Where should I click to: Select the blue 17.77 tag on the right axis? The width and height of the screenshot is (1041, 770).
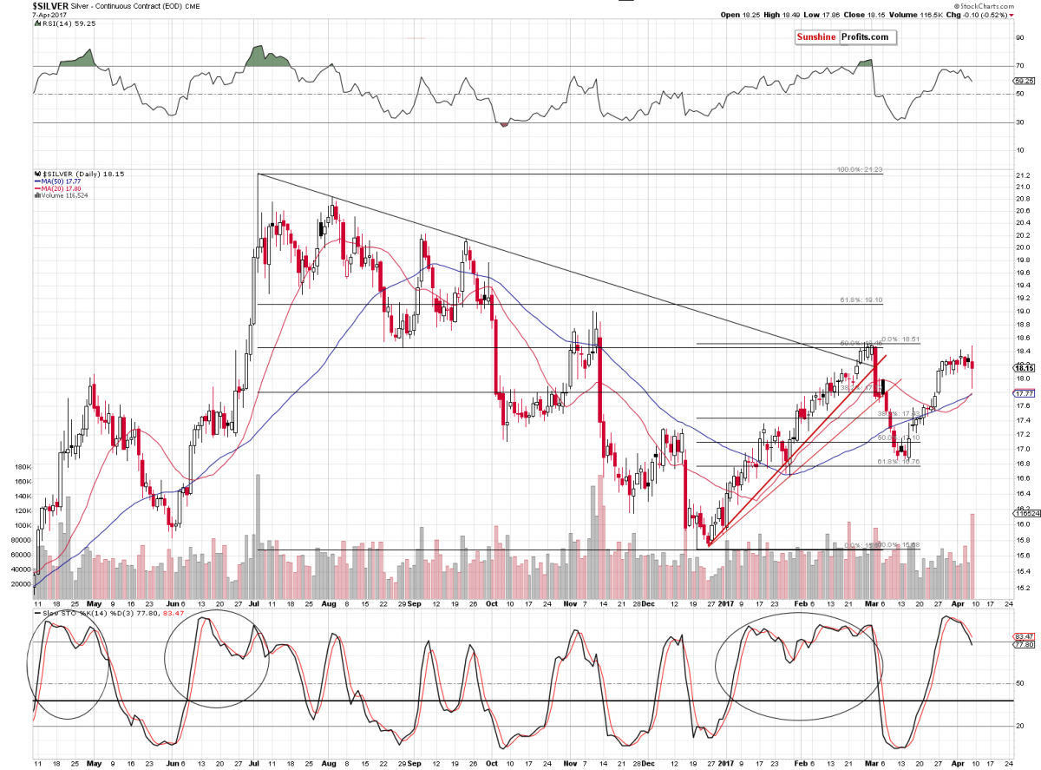click(1019, 393)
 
